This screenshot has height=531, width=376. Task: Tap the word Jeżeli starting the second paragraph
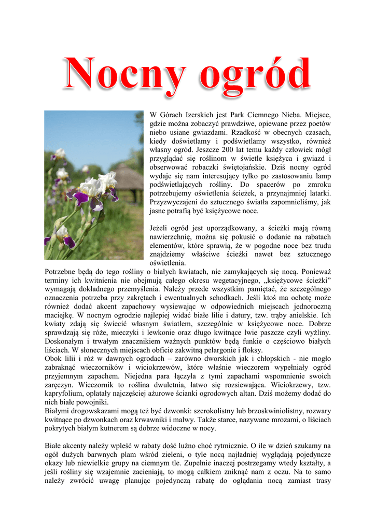point(160,228)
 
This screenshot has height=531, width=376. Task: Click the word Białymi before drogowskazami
point(59,411)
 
